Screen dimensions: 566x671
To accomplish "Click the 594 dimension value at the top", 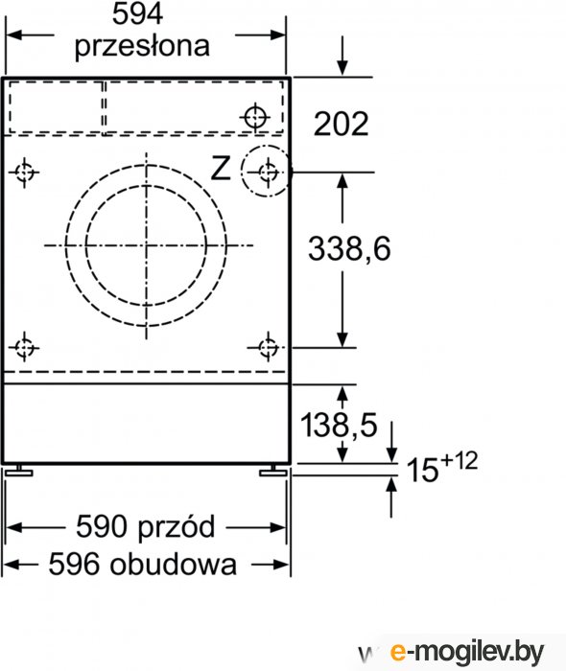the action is pyautogui.click(x=137, y=14).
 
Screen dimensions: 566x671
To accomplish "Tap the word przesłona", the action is pyautogui.click(x=142, y=45).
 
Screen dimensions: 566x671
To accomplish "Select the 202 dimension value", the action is pyautogui.click(x=341, y=124).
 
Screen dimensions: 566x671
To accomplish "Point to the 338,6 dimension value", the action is pyautogui.click(x=349, y=249).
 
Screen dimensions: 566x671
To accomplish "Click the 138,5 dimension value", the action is pyautogui.click(x=339, y=426).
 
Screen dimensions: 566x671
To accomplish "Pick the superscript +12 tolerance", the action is pyautogui.click(x=459, y=461).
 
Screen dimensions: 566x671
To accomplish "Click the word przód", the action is pyautogui.click(x=176, y=527).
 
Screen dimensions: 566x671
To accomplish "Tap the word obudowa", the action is pyautogui.click(x=173, y=564).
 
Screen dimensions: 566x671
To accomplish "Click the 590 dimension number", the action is pyautogui.click(x=102, y=527).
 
